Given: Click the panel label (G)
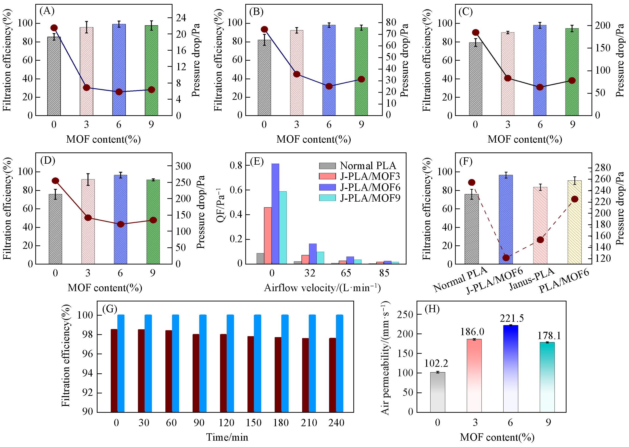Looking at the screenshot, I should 110,309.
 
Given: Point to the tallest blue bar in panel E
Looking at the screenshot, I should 275,214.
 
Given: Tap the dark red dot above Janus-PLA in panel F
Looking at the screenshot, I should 540,240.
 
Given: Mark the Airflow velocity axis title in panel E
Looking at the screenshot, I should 322,288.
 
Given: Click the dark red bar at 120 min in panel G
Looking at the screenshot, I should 223,373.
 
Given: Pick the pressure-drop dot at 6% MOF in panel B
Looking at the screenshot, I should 329,86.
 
